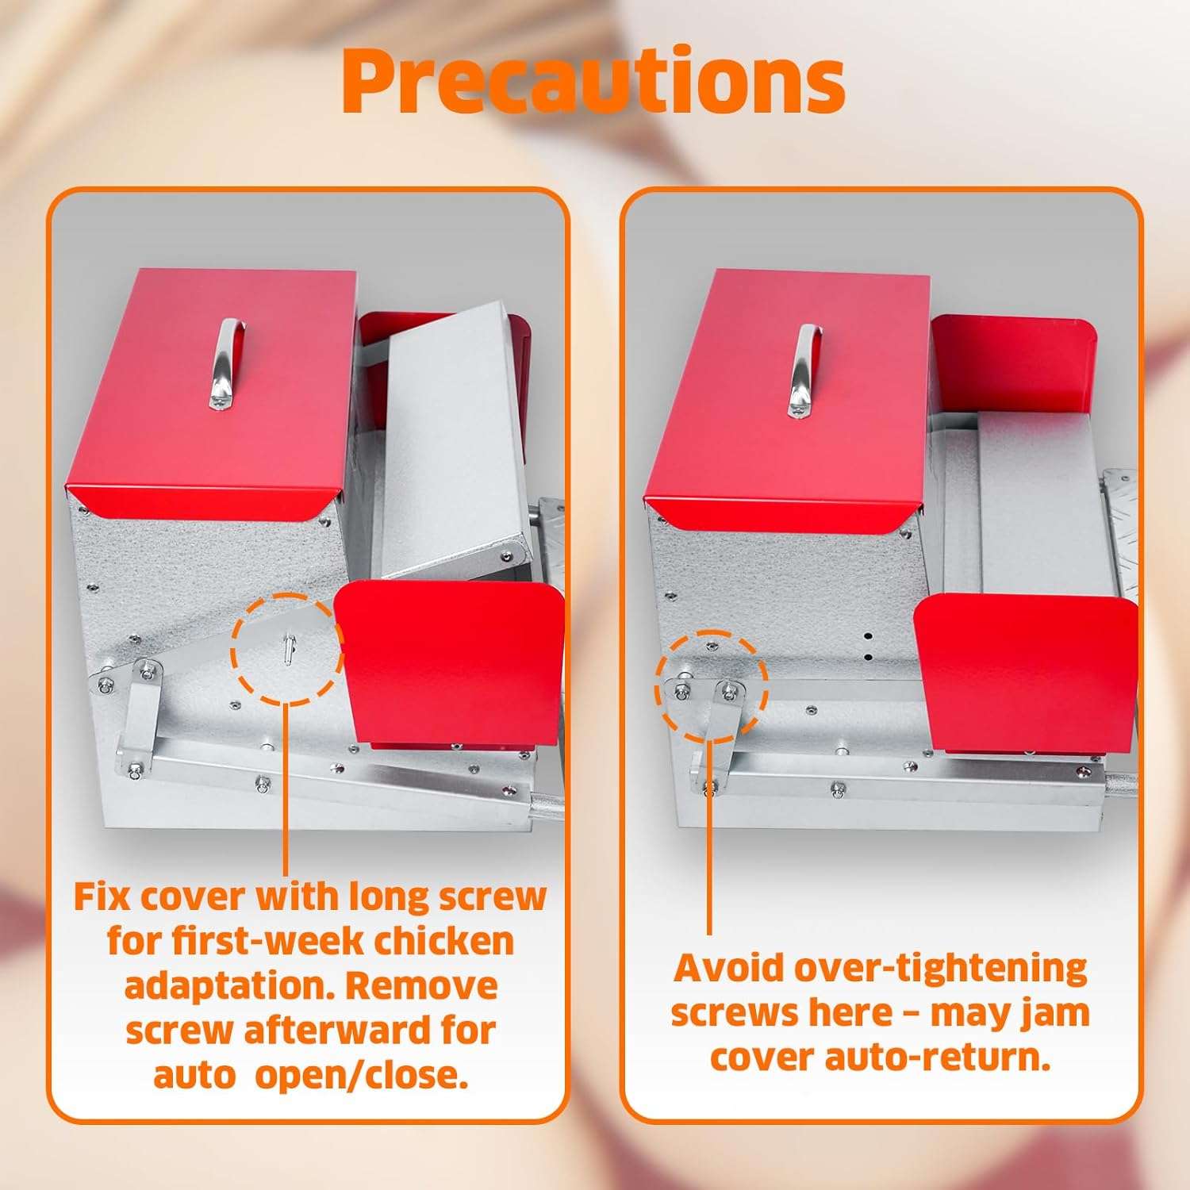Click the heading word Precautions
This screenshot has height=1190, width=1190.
[593, 81]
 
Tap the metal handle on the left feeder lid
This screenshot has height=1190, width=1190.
[226, 363]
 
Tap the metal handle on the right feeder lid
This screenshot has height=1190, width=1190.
[804, 371]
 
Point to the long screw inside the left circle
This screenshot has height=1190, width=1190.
[287, 649]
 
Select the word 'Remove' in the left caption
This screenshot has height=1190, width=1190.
[421, 986]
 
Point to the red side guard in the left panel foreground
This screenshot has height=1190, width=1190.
[450, 662]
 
